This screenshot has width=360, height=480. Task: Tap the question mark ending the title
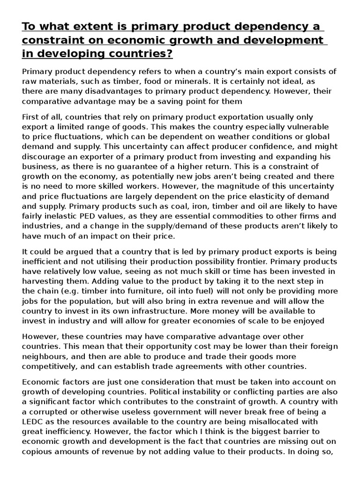click(169, 54)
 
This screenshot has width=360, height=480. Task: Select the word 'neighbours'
click(45, 356)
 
